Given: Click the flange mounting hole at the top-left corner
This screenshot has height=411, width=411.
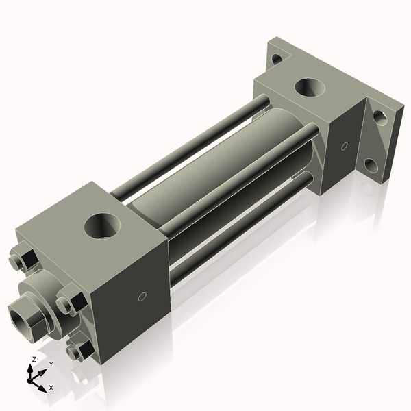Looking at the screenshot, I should pyautogui.click(x=276, y=59).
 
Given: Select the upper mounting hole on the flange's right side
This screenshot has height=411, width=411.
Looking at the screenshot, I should pyautogui.click(x=380, y=119).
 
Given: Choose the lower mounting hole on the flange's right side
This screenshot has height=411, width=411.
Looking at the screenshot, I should pyautogui.click(x=370, y=165).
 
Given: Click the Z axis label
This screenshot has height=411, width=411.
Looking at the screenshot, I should pyautogui.click(x=34, y=360).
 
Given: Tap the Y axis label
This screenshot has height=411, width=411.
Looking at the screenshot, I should pyautogui.click(x=50, y=364).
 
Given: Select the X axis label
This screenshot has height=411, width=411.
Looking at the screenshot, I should pyautogui.click(x=51, y=388).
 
